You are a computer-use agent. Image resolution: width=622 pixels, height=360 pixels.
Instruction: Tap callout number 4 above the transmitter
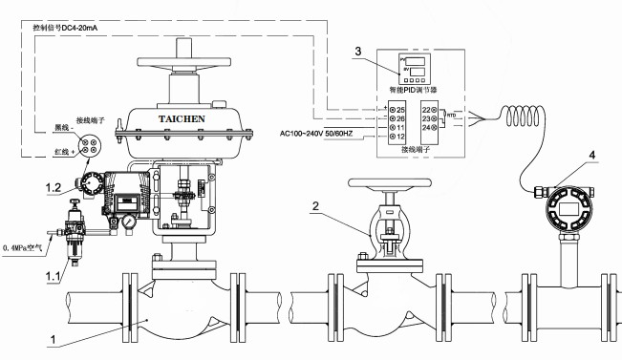click(x=593, y=154)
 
